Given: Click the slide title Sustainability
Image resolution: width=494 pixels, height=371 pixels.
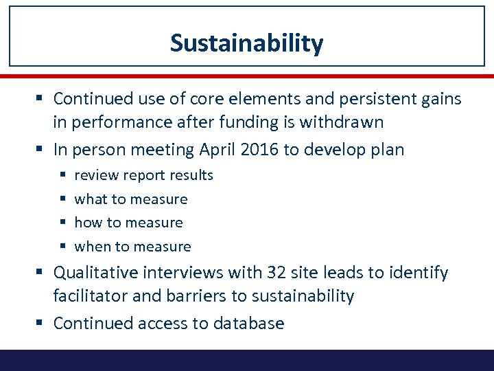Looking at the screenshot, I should point(246,43).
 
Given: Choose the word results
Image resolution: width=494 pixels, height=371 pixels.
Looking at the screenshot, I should point(190,175).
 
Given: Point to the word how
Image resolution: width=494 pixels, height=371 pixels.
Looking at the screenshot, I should point(88,223).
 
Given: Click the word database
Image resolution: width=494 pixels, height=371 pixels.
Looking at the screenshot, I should point(249,323).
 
